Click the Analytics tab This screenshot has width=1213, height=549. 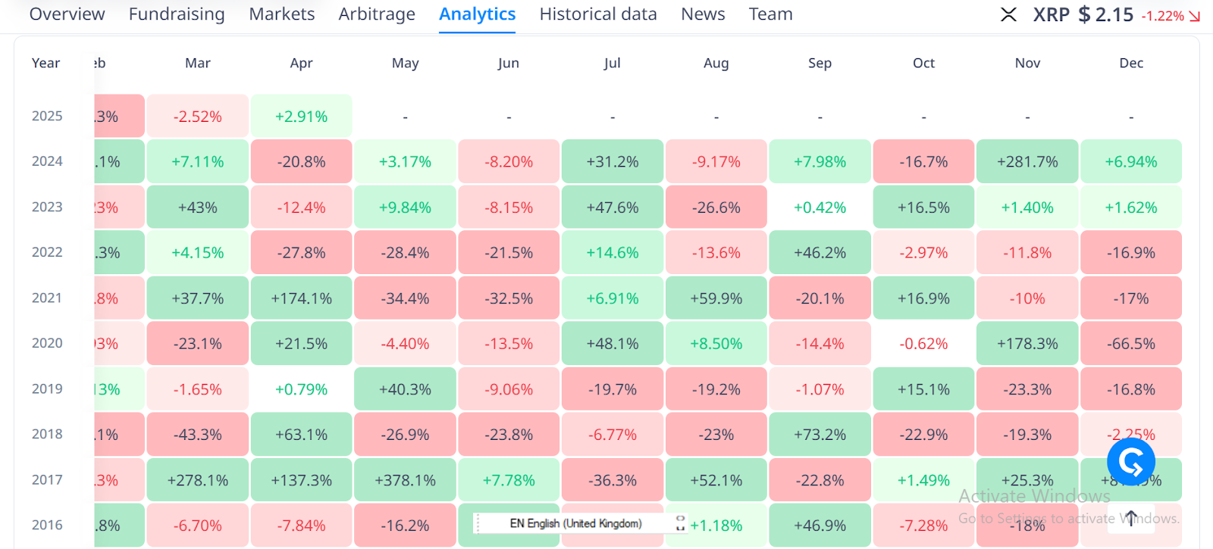477,14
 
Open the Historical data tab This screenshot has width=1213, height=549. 597,14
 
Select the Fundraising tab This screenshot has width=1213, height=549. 177,14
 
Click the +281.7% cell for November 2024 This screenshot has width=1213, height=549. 1027,162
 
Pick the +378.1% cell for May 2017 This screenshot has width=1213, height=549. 405,480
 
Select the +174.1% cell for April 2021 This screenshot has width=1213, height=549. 301,298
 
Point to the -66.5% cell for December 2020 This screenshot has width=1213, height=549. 1130,344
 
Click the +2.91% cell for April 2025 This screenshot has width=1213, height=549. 301,117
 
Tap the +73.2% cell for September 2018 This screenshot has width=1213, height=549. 820,435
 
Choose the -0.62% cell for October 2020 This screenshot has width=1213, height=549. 923,344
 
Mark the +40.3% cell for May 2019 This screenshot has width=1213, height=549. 405,389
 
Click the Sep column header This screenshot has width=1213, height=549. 820,63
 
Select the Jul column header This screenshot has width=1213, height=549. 612,63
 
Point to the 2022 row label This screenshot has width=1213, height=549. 47,252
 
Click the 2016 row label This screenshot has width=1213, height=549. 47,525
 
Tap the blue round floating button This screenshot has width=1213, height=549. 1130,460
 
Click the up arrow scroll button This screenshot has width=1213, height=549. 1130,518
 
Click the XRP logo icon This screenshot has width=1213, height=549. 1008,14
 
